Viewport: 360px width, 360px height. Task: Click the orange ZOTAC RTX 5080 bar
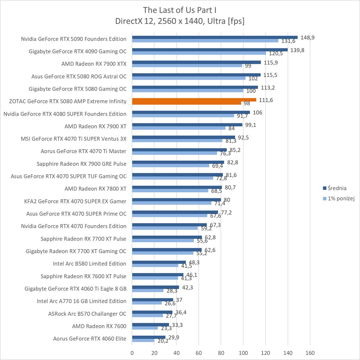coord(194,100)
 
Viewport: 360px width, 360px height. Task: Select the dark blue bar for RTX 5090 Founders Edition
coord(215,37)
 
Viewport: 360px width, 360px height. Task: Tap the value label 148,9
coord(308,37)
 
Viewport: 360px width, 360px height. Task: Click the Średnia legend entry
coord(337,188)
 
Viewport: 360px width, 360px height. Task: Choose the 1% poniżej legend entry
coord(341,199)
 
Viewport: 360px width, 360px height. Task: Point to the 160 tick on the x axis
coord(310,353)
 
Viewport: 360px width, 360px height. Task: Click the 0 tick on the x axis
coord(132,353)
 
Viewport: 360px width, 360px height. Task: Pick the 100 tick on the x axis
coord(243,353)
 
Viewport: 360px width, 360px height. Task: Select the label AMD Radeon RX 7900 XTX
coord(94,64)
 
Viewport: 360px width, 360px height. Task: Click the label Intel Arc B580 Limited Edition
coord(89,264)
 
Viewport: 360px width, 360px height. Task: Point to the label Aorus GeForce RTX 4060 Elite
coord(90,339)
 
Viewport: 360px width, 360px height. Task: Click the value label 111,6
coord(266,100)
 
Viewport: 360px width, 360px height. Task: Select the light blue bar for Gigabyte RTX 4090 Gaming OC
coord(199,53)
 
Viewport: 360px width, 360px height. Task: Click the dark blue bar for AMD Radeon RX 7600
coord(150,325)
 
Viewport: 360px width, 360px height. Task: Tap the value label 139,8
coord(297,50)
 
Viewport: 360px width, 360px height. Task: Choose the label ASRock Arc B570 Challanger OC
coord(87,314)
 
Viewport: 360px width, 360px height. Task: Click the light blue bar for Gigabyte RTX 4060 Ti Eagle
coord(148,291)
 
